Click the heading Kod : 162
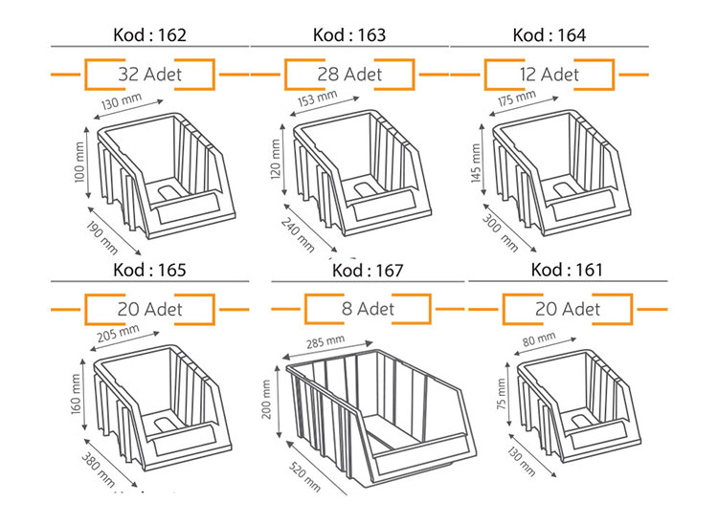coord(148,35)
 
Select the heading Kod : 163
coord(348,35)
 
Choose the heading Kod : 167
coord(368,271)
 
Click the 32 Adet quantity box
coord(148,74)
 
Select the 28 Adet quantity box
coord(348,74)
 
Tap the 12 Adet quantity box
coord(546,74)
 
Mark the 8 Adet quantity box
coord(368,309)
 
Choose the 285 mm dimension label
coord(325,340)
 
